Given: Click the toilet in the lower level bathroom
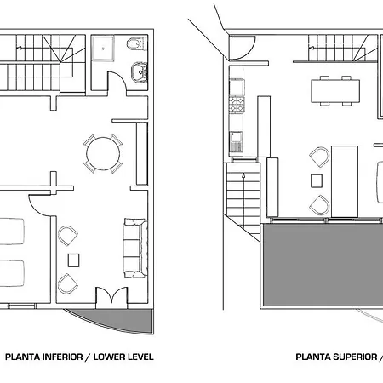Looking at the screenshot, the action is click(137, 43).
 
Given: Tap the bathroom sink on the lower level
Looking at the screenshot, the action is click(140, 72).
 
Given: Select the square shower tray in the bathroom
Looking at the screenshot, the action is click(103, 49).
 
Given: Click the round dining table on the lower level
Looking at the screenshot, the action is click(103, 154).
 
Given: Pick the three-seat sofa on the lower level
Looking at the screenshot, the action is click(135, 249).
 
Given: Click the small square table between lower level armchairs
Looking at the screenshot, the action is click(73, 260).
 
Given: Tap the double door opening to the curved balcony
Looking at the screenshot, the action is click(111, 297).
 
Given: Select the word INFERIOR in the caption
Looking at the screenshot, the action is click(63, 357).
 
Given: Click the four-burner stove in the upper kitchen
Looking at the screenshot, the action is click(237, 105).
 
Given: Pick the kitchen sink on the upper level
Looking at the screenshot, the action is click(236, 142).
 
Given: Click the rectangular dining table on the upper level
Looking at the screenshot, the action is click(335, 91).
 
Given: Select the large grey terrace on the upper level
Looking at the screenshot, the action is click(322, 265).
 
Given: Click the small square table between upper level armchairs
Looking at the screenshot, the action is click(317, 181).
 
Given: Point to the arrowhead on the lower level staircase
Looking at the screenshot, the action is click(19, 48).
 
